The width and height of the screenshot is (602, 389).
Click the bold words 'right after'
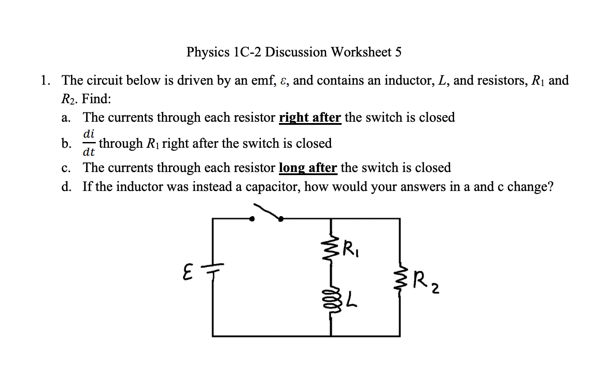point(310,118)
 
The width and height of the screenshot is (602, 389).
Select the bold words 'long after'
point(308,168)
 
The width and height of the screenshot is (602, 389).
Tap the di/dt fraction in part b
point(89,143)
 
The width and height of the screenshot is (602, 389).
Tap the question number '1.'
point(44,81)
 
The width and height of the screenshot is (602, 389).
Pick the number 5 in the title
point(398,52)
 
